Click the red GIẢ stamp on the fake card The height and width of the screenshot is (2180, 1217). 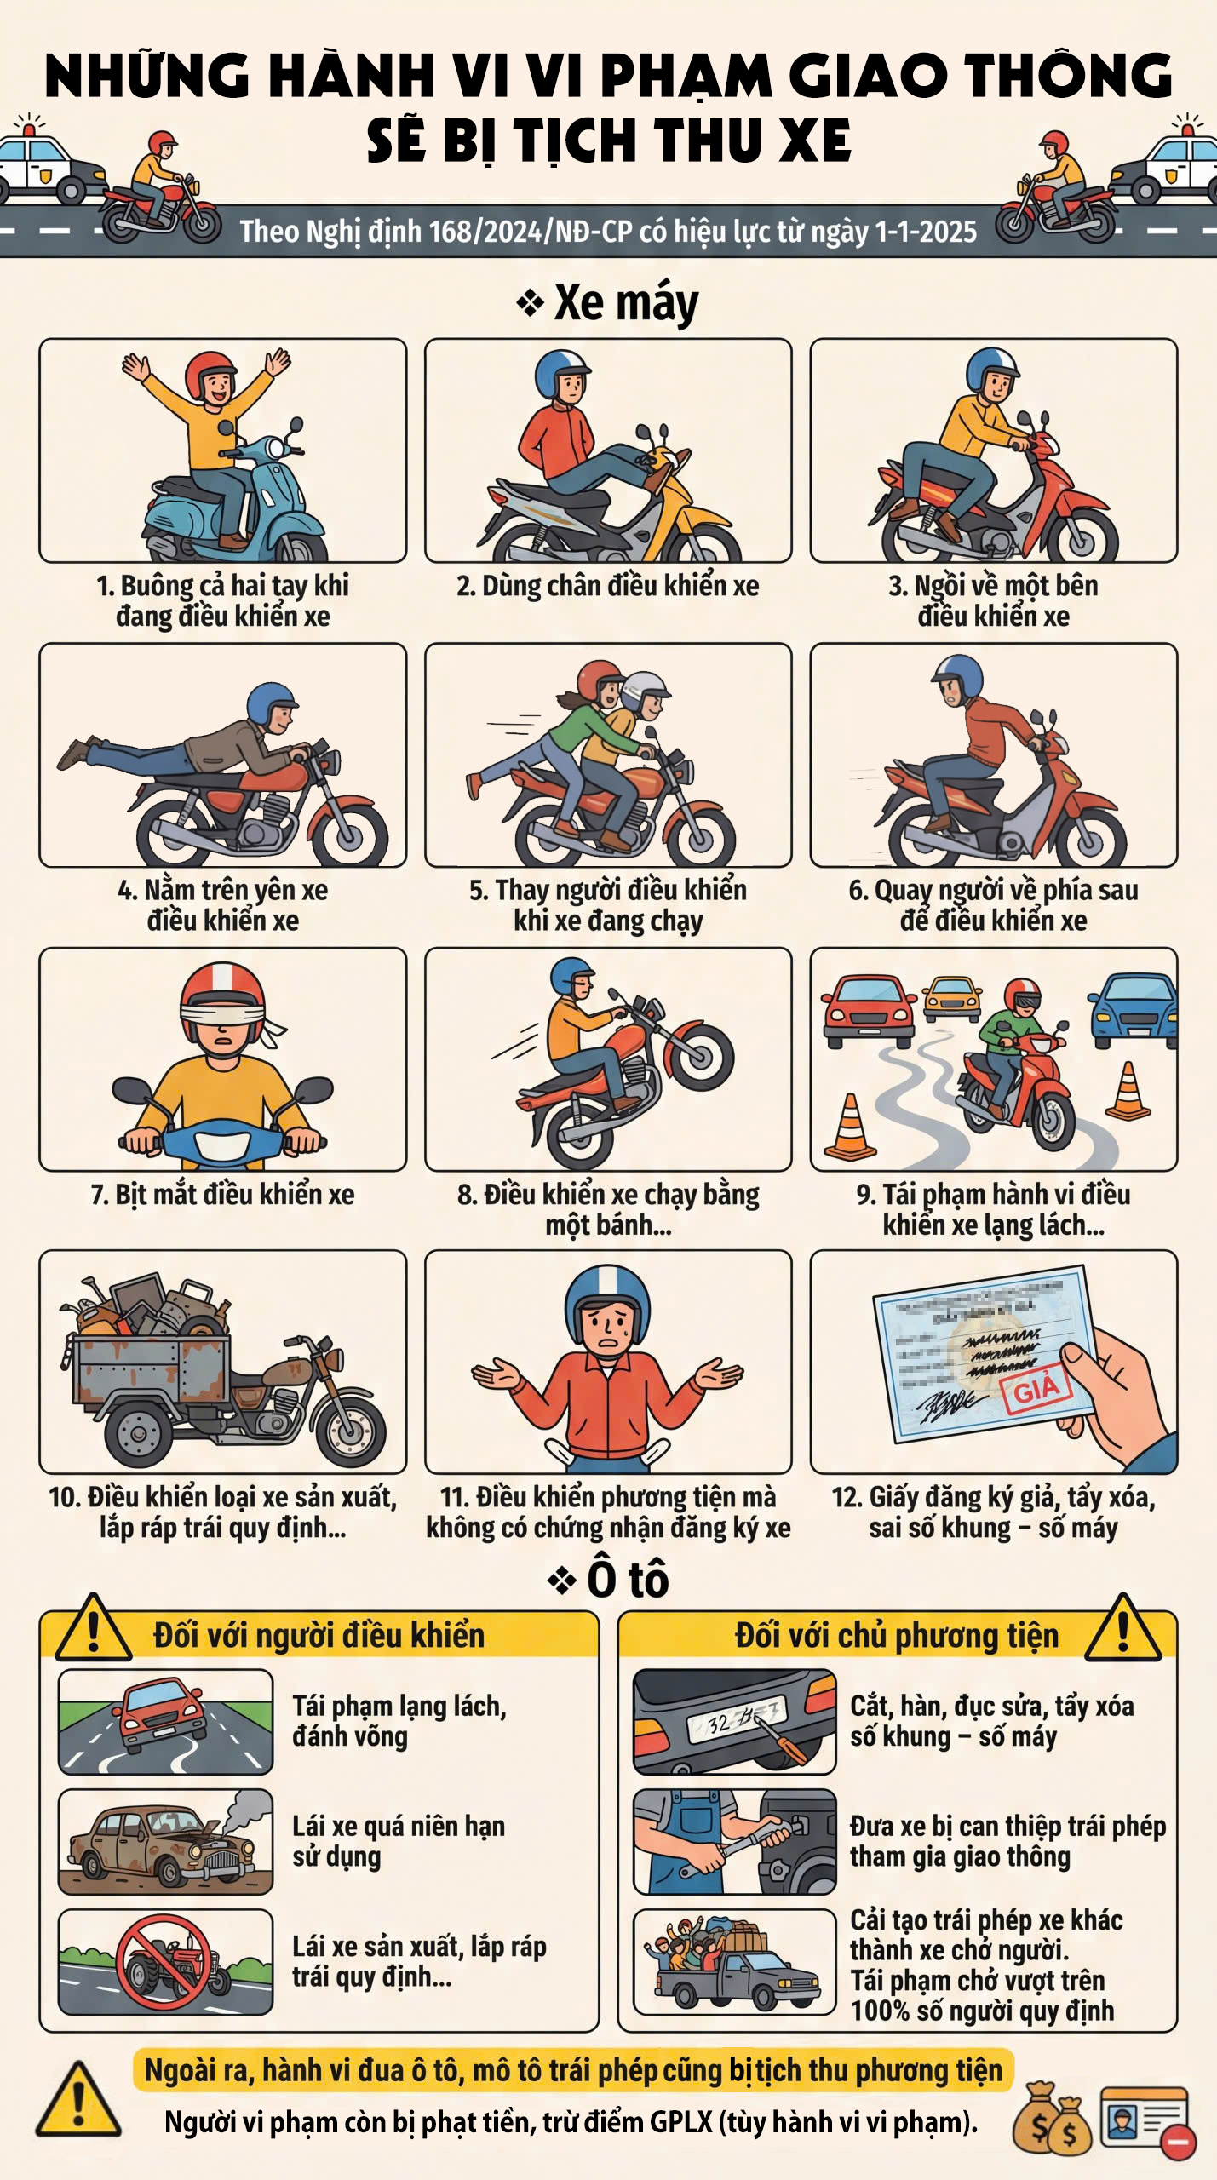[x=1036, y=1390]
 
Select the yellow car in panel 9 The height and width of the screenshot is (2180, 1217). [x=951, y=998]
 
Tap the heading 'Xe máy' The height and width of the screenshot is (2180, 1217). [x=626, y=302]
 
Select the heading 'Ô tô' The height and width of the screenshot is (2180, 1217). [x=628, y=1580]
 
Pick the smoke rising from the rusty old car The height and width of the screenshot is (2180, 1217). [x=244, y=1810]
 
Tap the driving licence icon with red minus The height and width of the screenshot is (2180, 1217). [x=1147, y=2119]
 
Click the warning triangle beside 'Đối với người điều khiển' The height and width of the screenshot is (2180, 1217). [x=93, y=1631]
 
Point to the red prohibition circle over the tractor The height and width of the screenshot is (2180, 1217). [x=164, y=1962]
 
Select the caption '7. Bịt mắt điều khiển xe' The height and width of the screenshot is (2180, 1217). [x=223, y=1195]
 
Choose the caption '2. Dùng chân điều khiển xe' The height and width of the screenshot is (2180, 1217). [x=608, y=587]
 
